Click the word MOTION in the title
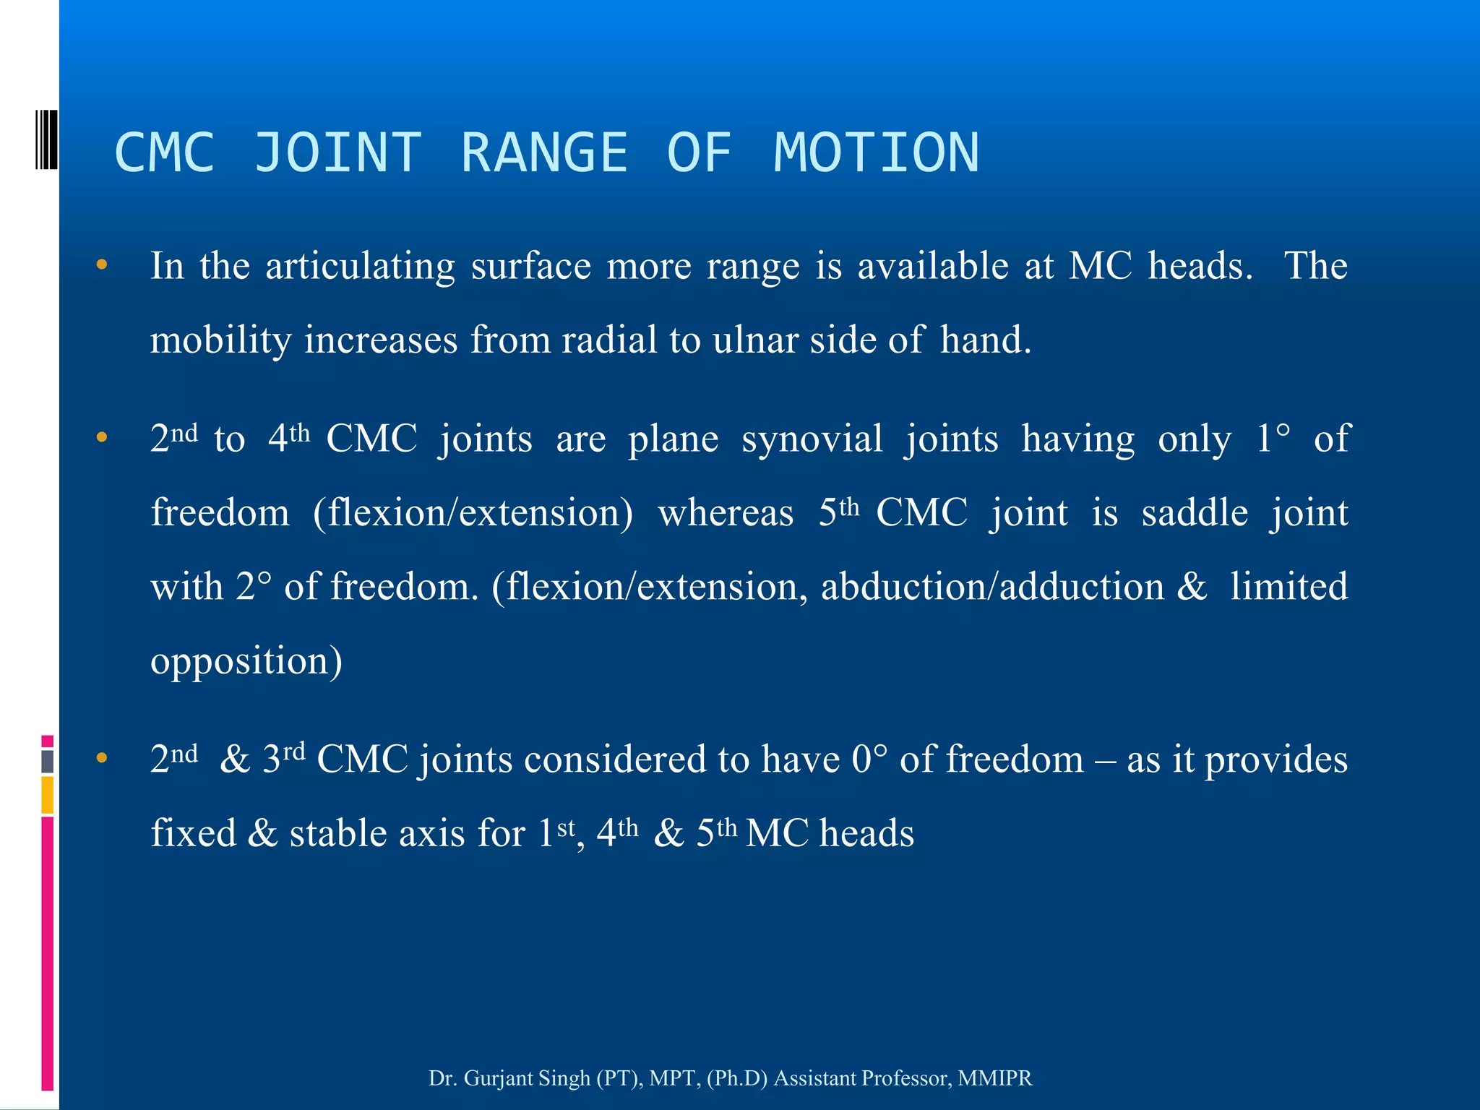pos(876,152)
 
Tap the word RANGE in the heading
pos(544,152)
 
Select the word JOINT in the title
pos(337,152)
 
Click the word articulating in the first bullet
pos(360,266)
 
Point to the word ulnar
pos(754,340)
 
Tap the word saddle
pos(1195,513)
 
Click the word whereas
pos(726,513)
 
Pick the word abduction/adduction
pos(992,587)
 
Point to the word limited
pos(1288,587)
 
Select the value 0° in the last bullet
pos(869,760)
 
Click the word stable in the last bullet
pos(337,834)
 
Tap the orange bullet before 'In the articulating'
pos(102,265)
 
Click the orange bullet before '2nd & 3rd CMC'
pos(102,758)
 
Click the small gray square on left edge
pos(48,761)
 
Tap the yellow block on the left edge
pos(48,795)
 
